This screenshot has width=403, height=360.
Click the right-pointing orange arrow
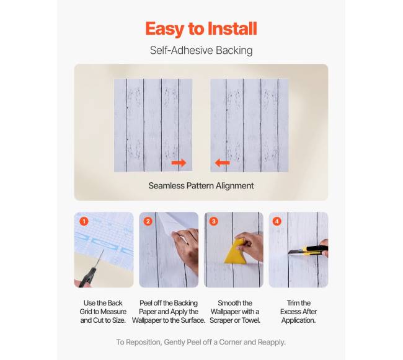(x=179, y=163)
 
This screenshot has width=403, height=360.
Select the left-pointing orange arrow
(x=223, y=163)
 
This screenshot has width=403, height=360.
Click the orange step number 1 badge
(x=84, y=221)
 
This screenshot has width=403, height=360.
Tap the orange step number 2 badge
(x=148, y=221)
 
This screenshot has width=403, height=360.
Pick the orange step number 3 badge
(x=213, y=221)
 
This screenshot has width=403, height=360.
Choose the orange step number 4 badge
(x=277, y=221)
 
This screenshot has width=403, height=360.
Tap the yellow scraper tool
(x=236, y=252)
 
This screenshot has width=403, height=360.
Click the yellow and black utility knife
(x=308, y=250)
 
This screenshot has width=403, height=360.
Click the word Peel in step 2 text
(x=146, y=303)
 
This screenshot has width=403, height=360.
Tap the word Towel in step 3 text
(x=250, y=320)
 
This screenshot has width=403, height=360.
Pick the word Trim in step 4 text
(x=293, y=303)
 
